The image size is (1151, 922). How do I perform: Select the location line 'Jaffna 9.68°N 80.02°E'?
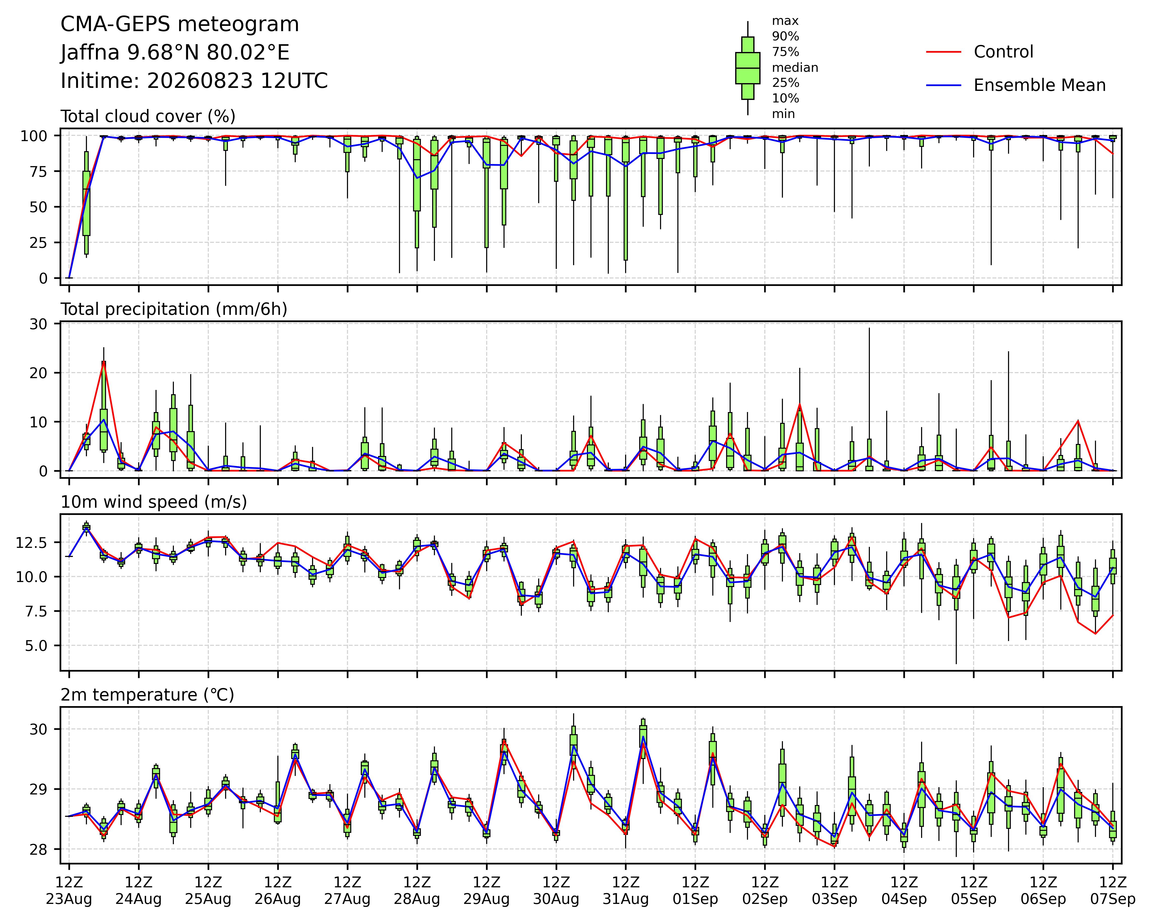[175, 53]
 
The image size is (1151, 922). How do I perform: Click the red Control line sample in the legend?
[943, 52]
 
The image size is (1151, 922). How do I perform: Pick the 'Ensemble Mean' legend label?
[1039, 85]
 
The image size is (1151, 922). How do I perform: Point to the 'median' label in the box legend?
[795, 68]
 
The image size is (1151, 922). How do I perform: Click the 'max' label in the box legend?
[785, 21]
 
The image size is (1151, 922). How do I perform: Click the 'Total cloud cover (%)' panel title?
[148, 116]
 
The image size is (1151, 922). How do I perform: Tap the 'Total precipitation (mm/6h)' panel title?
[174, 309]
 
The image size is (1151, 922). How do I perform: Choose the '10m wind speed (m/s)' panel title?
[154, 502]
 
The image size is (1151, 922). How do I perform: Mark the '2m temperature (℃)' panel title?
[147, 695]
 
